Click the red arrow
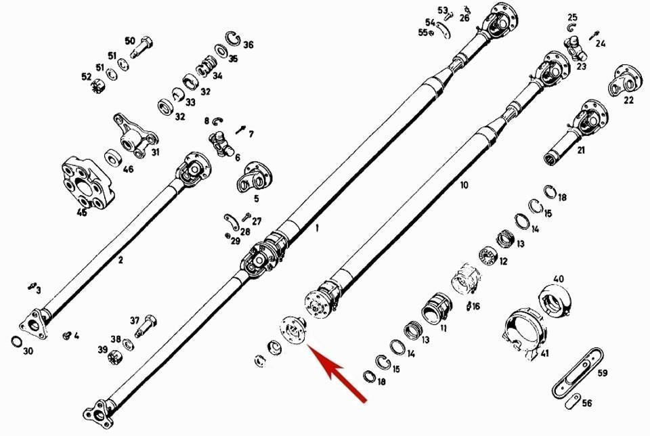337,372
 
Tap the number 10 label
464,185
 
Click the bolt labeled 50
142,47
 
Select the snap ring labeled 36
233,39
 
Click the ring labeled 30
16,342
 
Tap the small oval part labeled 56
573,401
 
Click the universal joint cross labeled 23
576,47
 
